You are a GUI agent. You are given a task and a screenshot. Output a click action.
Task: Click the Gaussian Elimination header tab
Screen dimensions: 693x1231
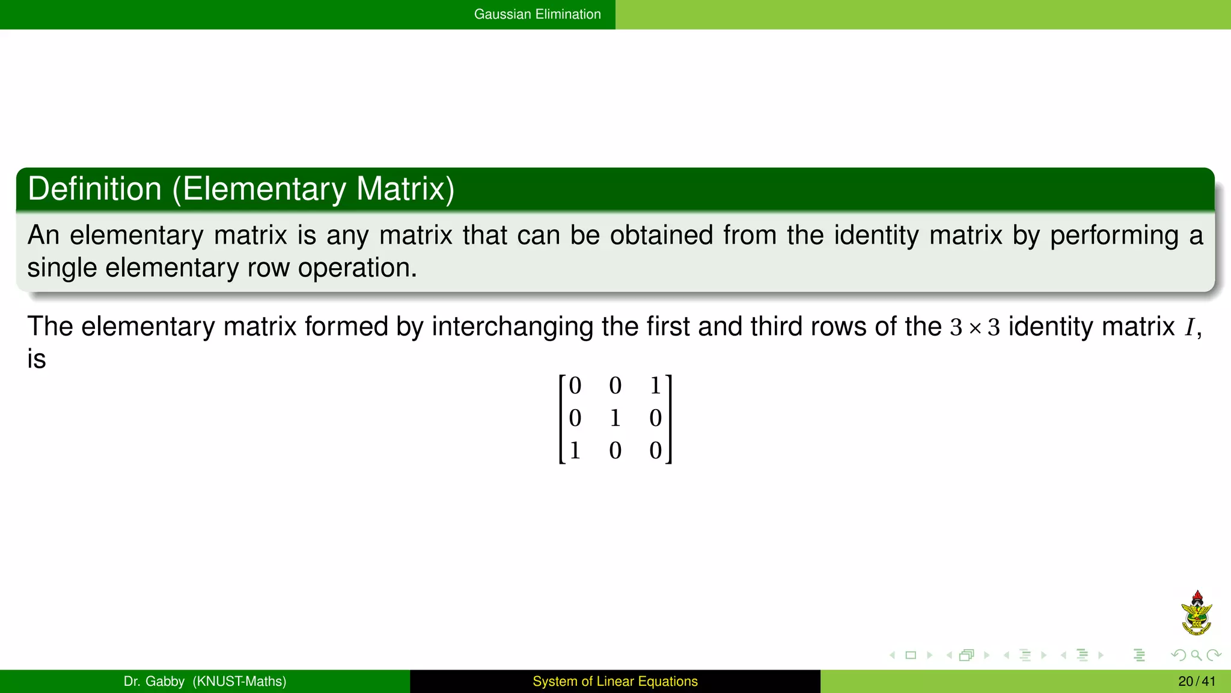coord(537,14)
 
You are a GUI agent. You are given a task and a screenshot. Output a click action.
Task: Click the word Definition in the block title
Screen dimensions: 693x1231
coord(94,189)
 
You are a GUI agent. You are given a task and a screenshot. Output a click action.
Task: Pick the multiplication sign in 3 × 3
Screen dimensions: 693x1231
coord(975,328)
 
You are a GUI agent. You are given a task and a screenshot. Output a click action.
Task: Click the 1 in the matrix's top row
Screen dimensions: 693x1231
coord(655,386)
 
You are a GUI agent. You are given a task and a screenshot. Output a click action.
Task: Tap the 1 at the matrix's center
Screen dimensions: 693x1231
coord(615,418)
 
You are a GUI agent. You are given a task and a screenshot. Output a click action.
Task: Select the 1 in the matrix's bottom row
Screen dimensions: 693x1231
coord(575,451)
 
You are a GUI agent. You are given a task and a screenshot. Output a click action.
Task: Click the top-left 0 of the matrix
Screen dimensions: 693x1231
coord(575,386)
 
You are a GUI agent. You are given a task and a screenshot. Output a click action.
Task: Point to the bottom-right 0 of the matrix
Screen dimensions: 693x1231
coord(655,451)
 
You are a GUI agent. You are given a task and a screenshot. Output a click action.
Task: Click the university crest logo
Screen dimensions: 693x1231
coord(1196,614)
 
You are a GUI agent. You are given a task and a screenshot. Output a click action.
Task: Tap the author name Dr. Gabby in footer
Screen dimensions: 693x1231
coord(154,682)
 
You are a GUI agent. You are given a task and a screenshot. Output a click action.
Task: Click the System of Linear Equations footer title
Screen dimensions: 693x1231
coord(615,682)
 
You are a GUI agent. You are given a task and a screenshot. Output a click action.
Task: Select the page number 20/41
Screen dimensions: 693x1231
coord(1196,682)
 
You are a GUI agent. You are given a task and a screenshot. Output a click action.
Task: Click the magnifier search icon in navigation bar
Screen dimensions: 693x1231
coord(1196,655)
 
